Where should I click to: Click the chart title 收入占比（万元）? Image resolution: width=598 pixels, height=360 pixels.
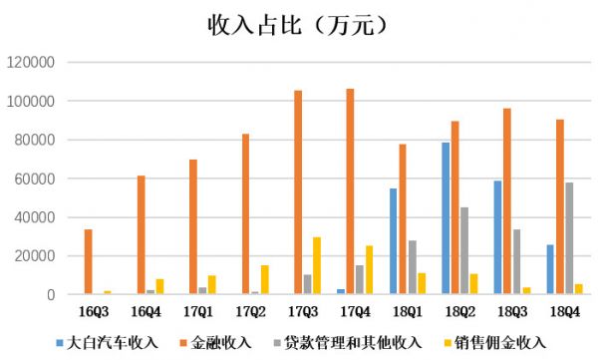[x=299, y=23]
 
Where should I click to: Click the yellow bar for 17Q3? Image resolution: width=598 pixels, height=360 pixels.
[x=316, y=266]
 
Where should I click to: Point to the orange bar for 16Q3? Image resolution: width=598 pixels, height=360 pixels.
[x=89, y=262]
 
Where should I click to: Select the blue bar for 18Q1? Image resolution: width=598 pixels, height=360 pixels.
[x=394, y=241]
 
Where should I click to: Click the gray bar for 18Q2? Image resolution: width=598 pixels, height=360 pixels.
[x=463, y=251]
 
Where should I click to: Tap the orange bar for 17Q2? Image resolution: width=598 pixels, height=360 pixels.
[x=245, y=214]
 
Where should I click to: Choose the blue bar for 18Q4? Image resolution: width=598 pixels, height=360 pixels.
[x=550, y=269]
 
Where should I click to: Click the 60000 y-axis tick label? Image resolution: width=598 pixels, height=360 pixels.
[x=38, y=179]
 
